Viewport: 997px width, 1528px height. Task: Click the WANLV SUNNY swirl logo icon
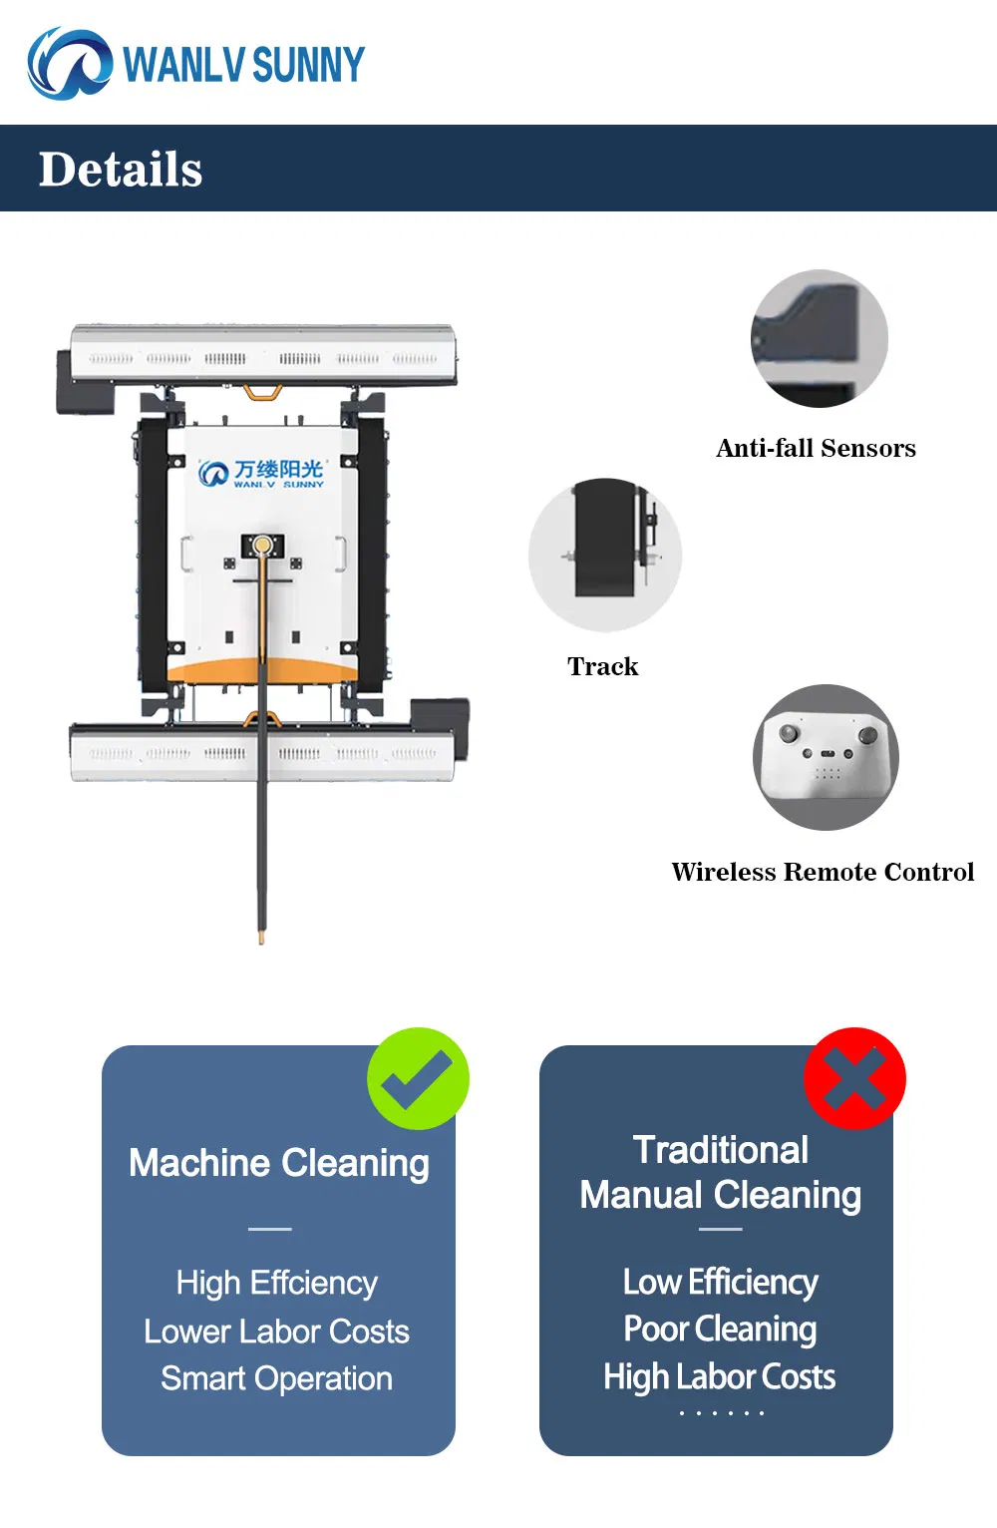tap(70, 64)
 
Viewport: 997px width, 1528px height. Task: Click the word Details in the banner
tap(121, 170)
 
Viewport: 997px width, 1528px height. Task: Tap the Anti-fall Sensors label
tap(816, 448)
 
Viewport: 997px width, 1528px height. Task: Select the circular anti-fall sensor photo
tap(819, 338)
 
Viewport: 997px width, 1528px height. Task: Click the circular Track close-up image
tap(605, 554)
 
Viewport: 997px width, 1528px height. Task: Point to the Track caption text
tap(603, 666)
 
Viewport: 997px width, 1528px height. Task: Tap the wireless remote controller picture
tap(826, 757)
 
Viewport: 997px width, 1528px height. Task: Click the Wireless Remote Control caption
tap(823, 872)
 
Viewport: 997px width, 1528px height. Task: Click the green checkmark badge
tap(418, 1078)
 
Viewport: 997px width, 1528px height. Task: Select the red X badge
tap(854, 1078)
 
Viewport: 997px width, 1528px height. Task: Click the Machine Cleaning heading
tap(279, 1164)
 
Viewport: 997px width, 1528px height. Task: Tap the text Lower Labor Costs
tap(276, 1331)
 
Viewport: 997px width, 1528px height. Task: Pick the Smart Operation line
tap(276, 1379)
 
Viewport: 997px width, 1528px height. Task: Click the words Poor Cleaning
tap(720, 1329)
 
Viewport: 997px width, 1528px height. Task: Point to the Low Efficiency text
tap(720, 1282)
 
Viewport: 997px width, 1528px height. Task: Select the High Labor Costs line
tap(720, 1376)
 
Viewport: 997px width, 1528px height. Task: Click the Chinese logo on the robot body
tap(261, 473)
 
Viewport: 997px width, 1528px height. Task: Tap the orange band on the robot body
tap(262, 671)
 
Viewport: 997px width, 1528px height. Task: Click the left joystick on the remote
tap(789, 733)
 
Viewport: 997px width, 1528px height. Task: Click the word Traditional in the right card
tap(721, 1150)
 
